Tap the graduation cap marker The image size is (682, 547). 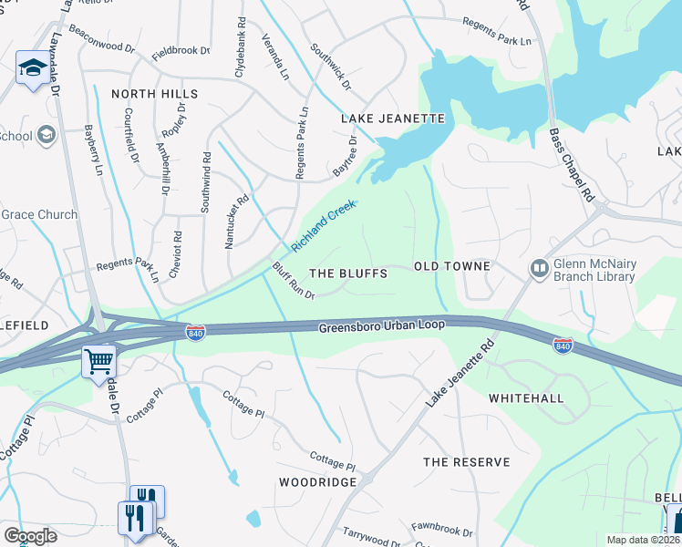pos(33,68)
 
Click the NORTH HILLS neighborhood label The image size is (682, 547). pos(155,94)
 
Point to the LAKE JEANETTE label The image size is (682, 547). pos(392,119)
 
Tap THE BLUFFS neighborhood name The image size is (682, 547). pos(348,273)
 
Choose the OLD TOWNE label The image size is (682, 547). pos(452,266)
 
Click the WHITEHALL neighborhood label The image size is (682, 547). pos(526,398)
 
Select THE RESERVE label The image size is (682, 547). pos(466,462)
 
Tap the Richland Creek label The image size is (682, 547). pos(323,228)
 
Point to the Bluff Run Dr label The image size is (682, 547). pos(293,281)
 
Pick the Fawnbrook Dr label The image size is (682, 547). pos(441,529)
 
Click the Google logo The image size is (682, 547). pos(30,536)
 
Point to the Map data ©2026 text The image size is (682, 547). pos(642,540)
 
